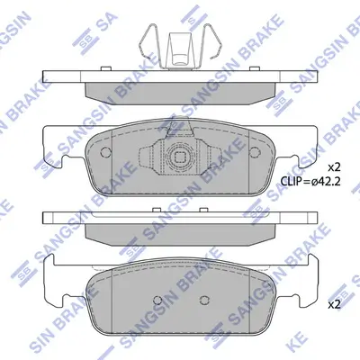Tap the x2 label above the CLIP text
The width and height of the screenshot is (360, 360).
click(334, 167)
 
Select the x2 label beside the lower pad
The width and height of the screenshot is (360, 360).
click(334, 305)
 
